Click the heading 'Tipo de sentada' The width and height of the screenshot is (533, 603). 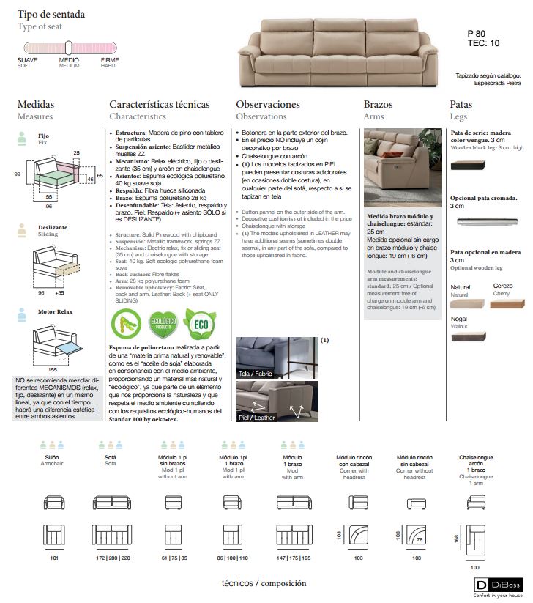tap(51, 14)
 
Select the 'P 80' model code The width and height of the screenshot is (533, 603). tap(476, 34)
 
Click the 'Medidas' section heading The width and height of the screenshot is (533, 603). tap(36, 105)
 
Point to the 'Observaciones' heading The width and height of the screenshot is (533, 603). tap(268, 105)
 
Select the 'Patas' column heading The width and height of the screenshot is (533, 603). tap(461, 105)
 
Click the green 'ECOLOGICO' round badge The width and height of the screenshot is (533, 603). tap(163, 325)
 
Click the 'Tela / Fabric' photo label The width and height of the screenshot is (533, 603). tap(256, 374)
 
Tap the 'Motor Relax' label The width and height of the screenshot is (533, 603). tap(56, 311)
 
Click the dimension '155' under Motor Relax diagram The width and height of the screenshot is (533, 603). tap(53, 371)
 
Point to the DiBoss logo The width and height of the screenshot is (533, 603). tap(499, 585)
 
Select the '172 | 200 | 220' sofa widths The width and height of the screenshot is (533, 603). tap(111, 558)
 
